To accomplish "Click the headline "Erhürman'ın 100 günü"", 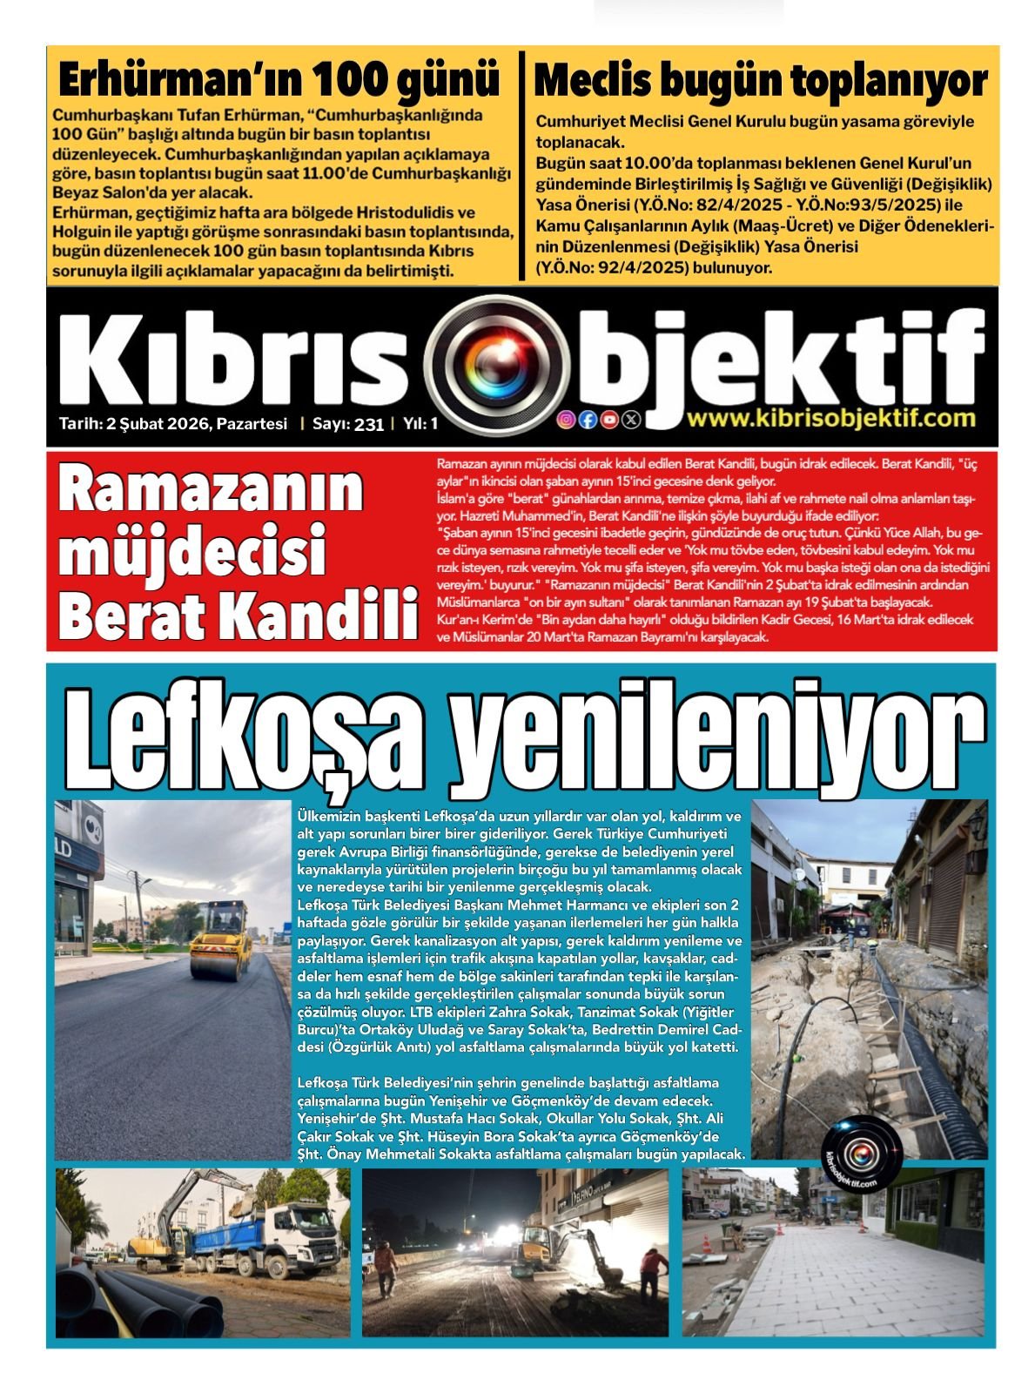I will (279, 81).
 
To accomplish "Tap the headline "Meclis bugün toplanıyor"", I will (760, 81).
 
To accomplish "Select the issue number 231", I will (369, 425).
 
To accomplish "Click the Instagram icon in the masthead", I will (566, 420).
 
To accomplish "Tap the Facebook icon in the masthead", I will (588, 420).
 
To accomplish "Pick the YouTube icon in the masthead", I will (609, 420).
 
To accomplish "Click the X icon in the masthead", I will (631, 420).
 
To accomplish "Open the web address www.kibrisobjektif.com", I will (830, 419).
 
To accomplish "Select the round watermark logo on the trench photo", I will (862, 1155).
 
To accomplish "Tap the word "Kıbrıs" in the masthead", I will (235, 360).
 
